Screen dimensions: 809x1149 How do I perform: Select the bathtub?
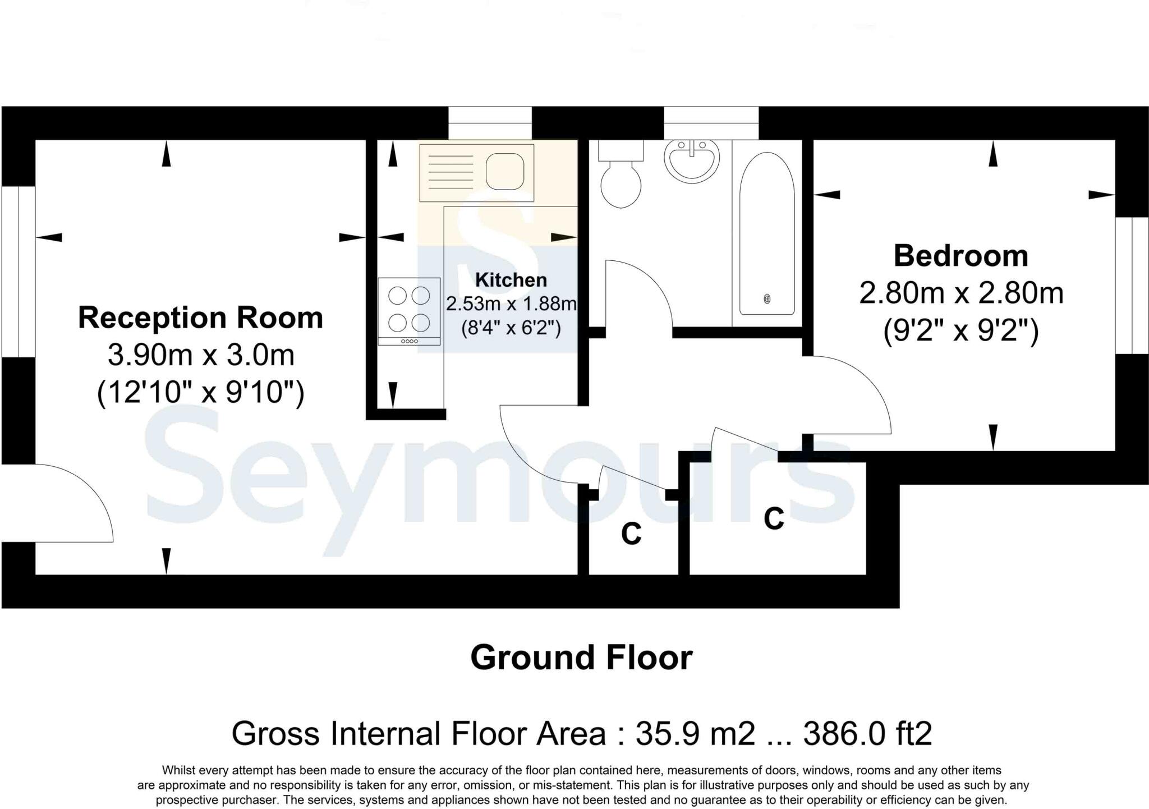(767, 233)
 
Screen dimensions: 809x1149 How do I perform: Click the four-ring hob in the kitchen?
(409, 310)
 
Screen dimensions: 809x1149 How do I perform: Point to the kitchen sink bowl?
(504, 171)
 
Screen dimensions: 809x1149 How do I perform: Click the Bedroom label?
(960, 256)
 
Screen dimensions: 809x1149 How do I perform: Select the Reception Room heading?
(200, 318)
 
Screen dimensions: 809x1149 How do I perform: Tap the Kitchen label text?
(511, 279)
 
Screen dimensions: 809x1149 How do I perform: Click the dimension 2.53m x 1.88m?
(511, 304)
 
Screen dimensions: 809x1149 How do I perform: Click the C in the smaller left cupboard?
(631, 534)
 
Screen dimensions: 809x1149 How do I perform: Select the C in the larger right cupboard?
(774, 518)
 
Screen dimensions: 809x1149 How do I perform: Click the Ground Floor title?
(581, 658)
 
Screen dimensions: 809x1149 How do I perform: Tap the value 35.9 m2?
(695, 733)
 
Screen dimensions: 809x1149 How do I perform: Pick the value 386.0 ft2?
(867, 733)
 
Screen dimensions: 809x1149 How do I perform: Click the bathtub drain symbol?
(767, 299)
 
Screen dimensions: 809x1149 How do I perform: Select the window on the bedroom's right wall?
(1132, 285)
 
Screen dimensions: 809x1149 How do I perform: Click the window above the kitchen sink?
(489, 123)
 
